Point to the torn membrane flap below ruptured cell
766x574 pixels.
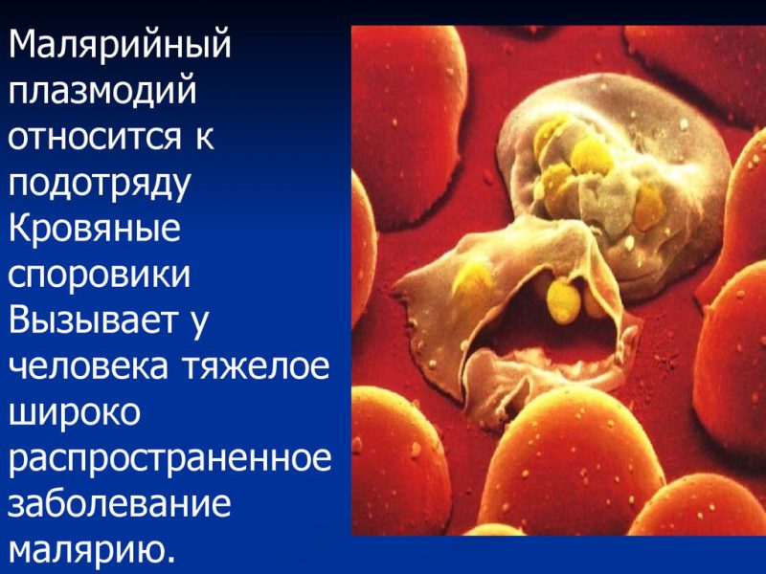click(x=507, y=306)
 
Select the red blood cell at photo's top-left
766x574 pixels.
click(x=407, y=105)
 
